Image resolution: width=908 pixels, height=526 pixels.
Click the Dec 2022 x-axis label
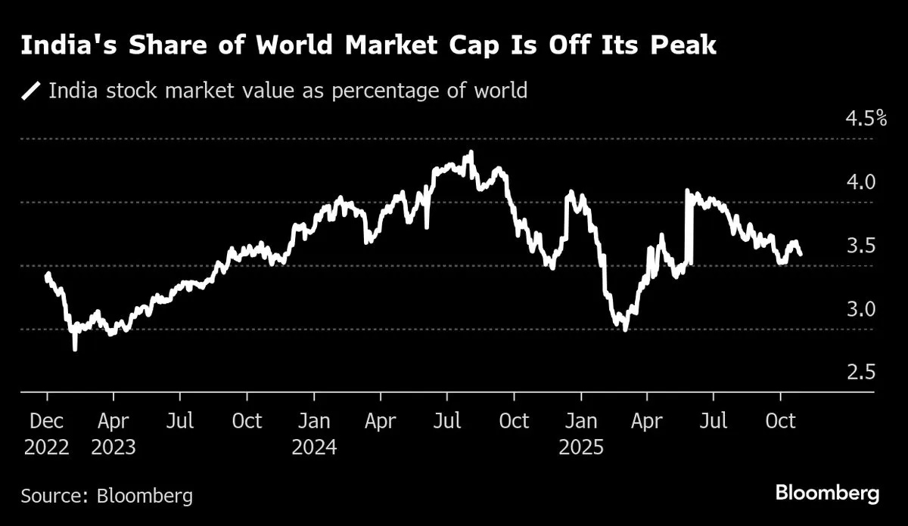pyautogui.click(x=47, y=434)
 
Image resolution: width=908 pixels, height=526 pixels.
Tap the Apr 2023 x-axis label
pyautogui.click(x=113, y=434)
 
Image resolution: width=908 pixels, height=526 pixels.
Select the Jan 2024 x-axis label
pyautogui.click(x=313, y=434)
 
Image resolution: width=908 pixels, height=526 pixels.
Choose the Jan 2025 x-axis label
pyautogui.click(x=580, y=434)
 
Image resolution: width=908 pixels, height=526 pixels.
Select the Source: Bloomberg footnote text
pyautogui.click(x=107, y=496)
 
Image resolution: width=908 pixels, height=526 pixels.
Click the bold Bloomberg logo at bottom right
pyautogui.click(x=828, y=494)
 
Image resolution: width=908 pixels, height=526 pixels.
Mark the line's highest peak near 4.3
pyautogui.click(x=471, y=153)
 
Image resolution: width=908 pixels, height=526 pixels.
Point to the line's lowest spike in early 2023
pyautogui.click(x=75, y=348)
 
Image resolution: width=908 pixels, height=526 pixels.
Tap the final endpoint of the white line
pyautogui.click(x=801, y=255)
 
